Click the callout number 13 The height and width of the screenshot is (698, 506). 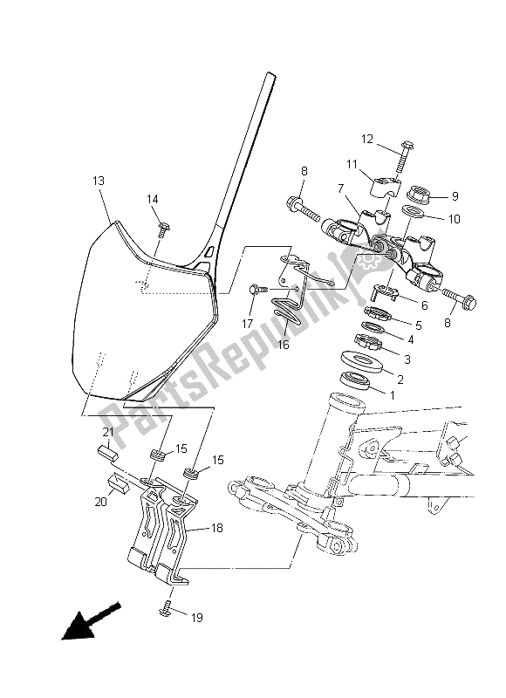pos(98,181)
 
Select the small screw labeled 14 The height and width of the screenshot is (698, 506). pos(164,229)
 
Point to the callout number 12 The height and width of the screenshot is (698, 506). pos(367,139)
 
